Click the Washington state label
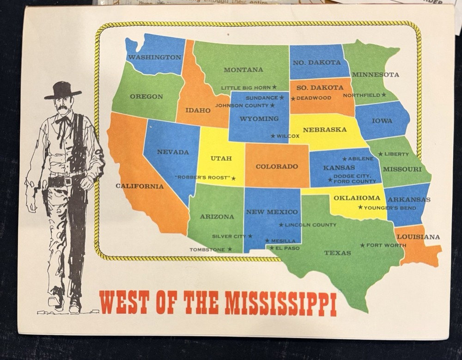pyautogui.click(x=154, y=57)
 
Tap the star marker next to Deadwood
pyautogui.click(x=293, y=98)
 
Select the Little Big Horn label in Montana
pyautogui.click(x=245, y=87)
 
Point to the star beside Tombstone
pyautogui.click(x=230, y=250)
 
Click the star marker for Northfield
pyautogui.click(x=383, y=95)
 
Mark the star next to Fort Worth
pyautogui.click(x=362, y=245)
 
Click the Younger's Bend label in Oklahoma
pyautogui.click(x=390, y=208)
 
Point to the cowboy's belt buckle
pyautogui.click(x=68, y=181)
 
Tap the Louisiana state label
pyautogui.click(x=418, y=237)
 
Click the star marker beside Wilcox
pyautogui.click(x=273, y=136)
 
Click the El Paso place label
pyautogui.click(x=287, y=248)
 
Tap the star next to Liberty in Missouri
pyautogui.click(x=380, y=154)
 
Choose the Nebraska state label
pyautogui.click(x=325, y=130)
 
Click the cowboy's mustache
pyautogui.click(x=63, y=109)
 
